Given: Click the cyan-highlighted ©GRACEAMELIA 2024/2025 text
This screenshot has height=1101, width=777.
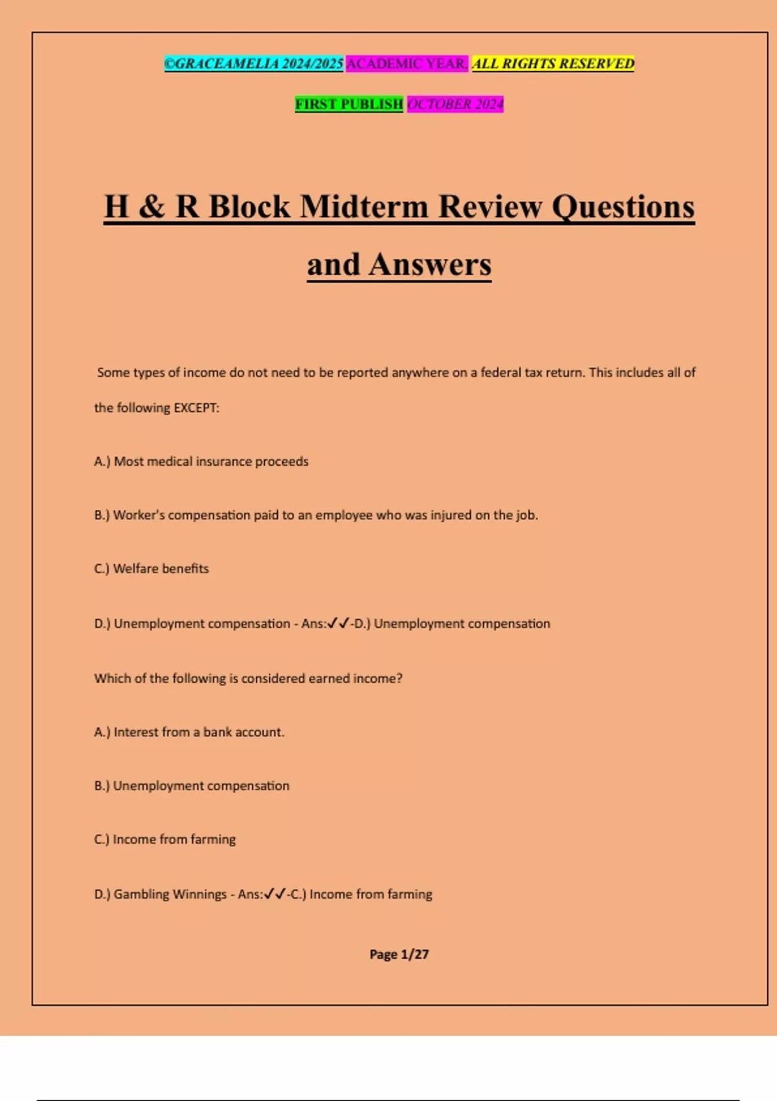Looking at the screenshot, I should [x=253, y=63].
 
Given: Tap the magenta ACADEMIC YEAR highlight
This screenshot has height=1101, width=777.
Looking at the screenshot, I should [x=407, y=63].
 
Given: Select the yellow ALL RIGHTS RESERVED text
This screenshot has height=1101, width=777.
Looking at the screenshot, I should [x=553, y=63].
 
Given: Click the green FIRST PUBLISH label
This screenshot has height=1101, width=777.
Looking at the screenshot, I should [x=349, y=104].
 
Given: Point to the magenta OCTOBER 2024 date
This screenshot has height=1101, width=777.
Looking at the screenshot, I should [x=455, y=104].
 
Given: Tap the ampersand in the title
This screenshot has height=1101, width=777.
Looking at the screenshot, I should [x=152, y=207].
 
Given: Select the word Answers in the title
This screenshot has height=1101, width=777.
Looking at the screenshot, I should [x=430, y=265].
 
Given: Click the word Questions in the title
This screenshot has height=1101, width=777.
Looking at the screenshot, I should [x=623, y=207].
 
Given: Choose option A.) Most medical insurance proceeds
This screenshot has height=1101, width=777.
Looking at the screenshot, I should [x=201, y=462].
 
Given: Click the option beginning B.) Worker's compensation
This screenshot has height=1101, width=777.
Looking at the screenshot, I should [x=316, y=516].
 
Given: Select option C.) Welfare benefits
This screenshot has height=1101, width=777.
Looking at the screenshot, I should [x=152, y=569].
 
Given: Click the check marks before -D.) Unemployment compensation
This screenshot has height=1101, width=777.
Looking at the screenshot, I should [x=338, y=624].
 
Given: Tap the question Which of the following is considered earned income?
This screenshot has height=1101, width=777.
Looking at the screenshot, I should [x=248, y=679].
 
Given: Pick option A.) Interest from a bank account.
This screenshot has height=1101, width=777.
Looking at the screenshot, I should [x=189, y=732].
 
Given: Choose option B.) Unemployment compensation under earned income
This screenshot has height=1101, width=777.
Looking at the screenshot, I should [x=192, y=786].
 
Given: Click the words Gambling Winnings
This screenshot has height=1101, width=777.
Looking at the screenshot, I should [x=170, y=894].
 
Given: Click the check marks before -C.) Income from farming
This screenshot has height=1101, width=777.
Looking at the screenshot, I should [x=275, y=894].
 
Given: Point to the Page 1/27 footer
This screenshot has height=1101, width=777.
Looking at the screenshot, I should [x=399, y=955].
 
